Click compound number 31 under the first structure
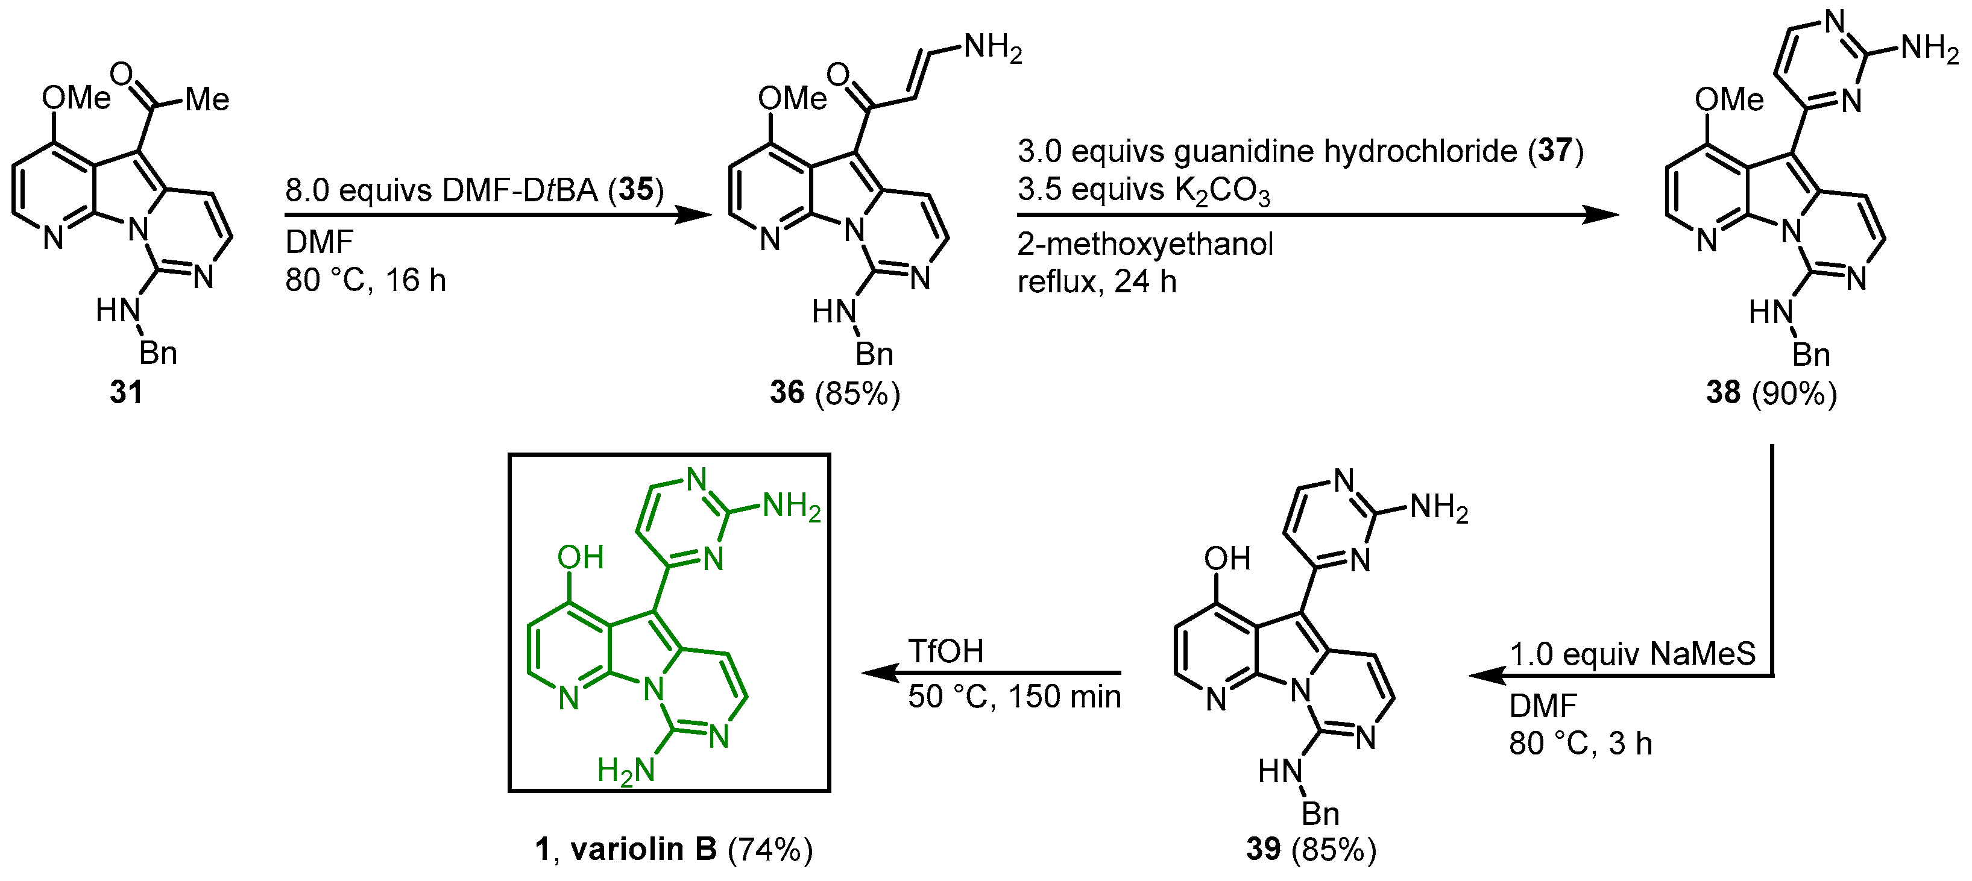pos(127,393)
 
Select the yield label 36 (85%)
pos(835,393)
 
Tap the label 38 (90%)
pos(1771,393)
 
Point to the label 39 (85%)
pos(1311,849)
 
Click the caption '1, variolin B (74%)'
pos(673,850)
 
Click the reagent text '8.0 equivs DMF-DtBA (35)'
pos(474,190)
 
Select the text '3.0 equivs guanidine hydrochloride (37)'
pos(1300,151)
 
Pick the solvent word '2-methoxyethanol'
pos(1145,244)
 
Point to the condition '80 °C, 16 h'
pos(365,280)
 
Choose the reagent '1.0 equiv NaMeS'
pos(1632,654)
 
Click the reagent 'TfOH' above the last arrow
pos(945,651)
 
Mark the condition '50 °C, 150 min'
pos(1014,697)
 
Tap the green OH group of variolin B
pos(581,557)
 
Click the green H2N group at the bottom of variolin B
pos(626,770)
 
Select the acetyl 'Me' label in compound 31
pos(207,99)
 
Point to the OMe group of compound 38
pos(1728,99)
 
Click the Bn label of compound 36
pos(874,354)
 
